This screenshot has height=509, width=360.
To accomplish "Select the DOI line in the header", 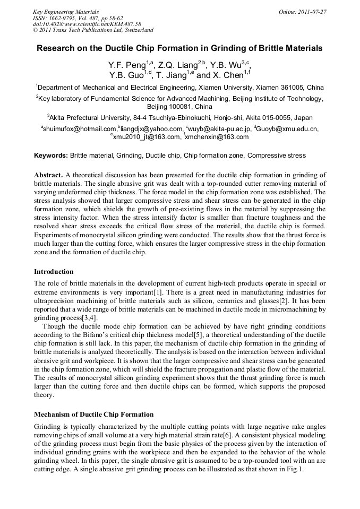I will (87, 24).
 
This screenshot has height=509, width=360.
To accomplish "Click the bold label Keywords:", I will (51, 156).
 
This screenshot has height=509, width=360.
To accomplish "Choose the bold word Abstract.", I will (49, 175).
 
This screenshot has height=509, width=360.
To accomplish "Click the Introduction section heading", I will (54, 271).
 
